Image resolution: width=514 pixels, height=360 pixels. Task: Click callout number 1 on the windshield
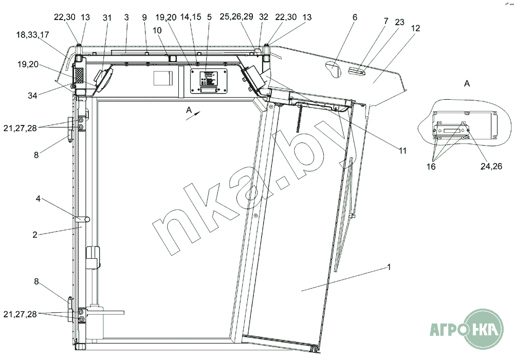click(389, 267)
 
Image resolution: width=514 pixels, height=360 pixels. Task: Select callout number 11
click(402, 151)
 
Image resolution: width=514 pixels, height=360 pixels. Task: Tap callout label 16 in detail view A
click(431, 167)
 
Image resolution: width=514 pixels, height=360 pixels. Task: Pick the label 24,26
click(491, 166)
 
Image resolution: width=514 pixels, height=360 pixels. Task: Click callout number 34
click(32, 96)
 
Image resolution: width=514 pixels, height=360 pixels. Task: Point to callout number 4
click(38, 199)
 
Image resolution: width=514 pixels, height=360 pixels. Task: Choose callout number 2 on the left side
click(35, 235)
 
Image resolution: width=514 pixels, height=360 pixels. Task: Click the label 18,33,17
click(32, 34)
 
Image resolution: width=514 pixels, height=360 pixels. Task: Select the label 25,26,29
click(236, 16)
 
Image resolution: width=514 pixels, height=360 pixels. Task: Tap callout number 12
click(415, 28)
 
